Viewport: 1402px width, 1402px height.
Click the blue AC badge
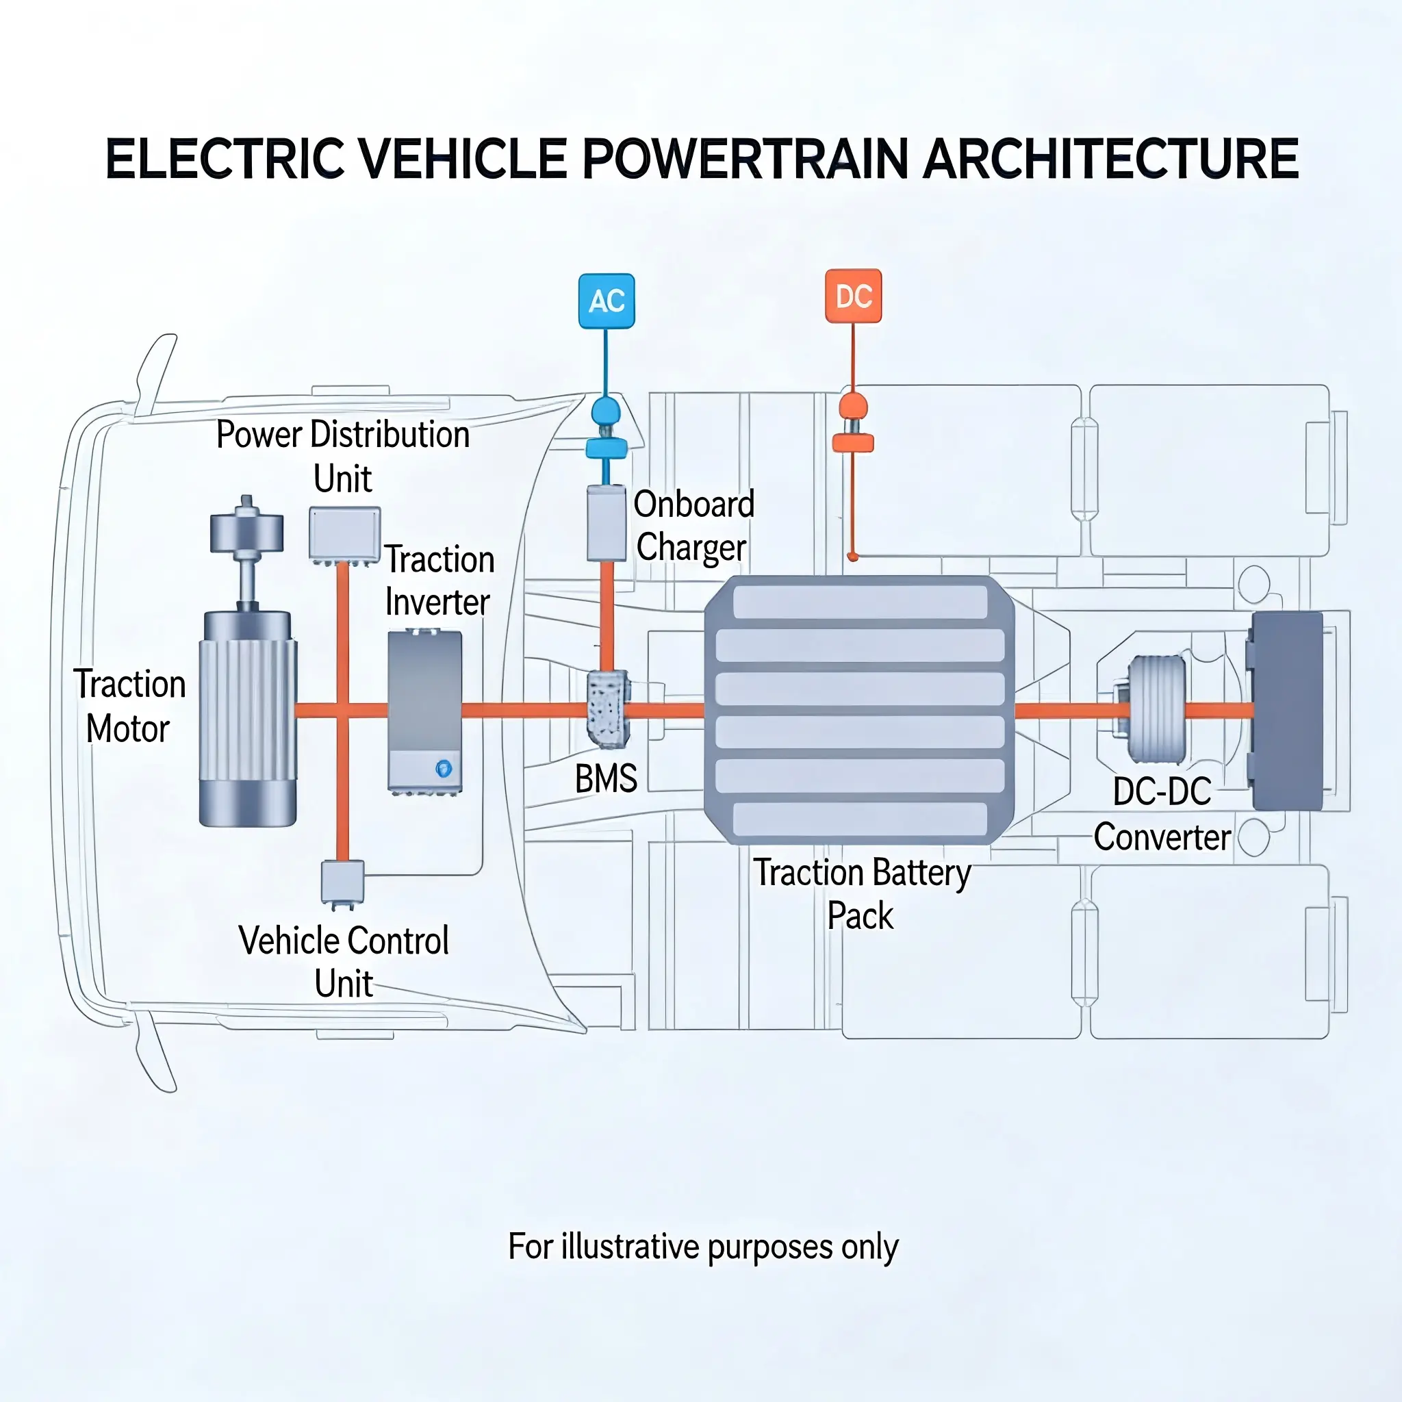pyautogui.click(x=606, y=301)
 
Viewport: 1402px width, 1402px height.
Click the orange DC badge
pyautogui.click(x=854, y=296)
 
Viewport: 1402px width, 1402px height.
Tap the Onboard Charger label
pyautogui.click(x=693, y=525)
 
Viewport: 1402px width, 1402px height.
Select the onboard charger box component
pyautogui.click(x=606, y=523)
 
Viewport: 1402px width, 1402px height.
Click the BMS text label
pyautogui.click(x=606, y=778)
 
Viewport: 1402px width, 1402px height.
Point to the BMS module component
pyautogui.click(x=607, y=709)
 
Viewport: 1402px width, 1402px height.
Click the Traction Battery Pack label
pyautogui.click(x=861, y=893)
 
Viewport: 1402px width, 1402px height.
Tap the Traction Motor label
pyautogui.click(x=129, y=706)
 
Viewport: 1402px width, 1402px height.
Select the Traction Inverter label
pyautogui.click(x=439, y=581)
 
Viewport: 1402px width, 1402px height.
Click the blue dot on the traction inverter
pyautogui.click(x=444, y=768)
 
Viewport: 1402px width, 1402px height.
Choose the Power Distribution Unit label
pyautogui.click(x=343, y=456)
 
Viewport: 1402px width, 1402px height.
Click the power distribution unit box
pyautogui.click(x=345, y=533)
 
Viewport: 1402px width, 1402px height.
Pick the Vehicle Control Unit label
pyautogui.click(x=343, y=962)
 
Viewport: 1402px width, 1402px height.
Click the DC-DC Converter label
pyautogui.click(x=1162, y=813)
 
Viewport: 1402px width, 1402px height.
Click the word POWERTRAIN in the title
pyautogui.click(x=745, y=159)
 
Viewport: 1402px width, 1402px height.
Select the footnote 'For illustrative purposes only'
pyautogui.click(x=702, y=1246)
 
